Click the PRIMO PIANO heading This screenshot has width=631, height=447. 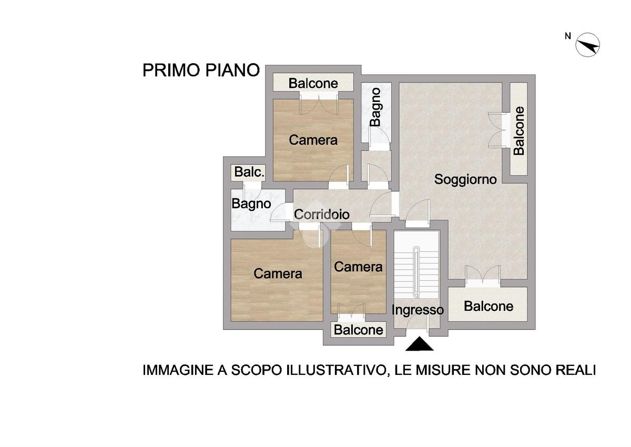pos(201,70)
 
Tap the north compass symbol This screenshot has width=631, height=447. pos(587,45)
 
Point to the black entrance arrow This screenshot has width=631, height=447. pos(420,343)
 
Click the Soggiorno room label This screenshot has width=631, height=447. pos(465,179)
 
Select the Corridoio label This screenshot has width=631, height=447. pos(322,215)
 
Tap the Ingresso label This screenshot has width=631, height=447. pos(418,310)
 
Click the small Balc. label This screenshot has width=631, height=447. pos(249,172)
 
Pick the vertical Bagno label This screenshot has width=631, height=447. pos(376,107)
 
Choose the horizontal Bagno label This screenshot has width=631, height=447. pos(251,204)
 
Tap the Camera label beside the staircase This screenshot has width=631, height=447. pos(358,267)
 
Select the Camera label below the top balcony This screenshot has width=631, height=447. pos(313,140)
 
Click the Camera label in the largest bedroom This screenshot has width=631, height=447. pos(278,273)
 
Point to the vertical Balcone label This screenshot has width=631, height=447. pos(519,131)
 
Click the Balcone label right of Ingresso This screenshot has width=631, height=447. pos(488,306)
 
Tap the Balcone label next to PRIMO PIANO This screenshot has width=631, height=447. pos(313,84)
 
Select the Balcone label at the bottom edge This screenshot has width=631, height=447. pos(359,330)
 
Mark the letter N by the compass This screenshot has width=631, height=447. pos(568,36)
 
